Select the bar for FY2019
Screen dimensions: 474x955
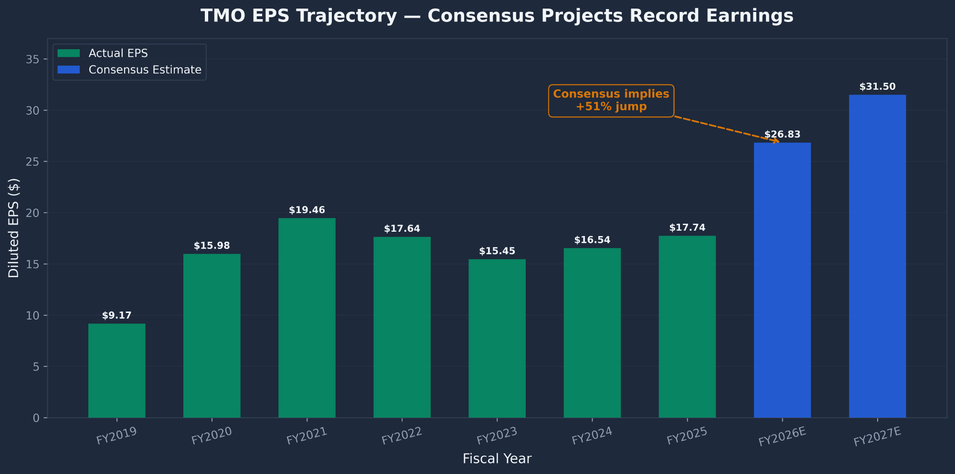click(117, 371)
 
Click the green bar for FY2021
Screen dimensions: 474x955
click(307, 318)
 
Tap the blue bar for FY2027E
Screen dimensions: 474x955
click(877, 256)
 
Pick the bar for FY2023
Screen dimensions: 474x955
click(497, 338)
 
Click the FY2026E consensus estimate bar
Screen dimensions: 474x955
click(782, 280)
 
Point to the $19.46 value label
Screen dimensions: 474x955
click(307, 210)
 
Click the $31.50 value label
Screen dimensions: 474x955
click(877, 87)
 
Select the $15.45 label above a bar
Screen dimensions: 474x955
click(497, 251)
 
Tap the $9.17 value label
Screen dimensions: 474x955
click(117, 316)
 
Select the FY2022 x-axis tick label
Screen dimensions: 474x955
click(402, 436)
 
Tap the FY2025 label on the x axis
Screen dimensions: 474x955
click(687, 436)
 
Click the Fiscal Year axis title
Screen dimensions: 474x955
click(497, 459)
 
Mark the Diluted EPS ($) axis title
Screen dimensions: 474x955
click(14, 228)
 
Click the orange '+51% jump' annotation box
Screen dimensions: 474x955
click(611, 101)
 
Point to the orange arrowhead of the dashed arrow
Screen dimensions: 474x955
click(777, 141)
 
